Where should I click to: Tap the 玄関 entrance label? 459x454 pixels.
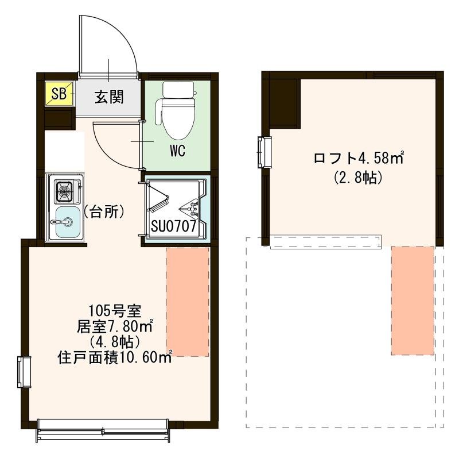108,96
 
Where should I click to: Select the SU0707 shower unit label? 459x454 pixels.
174,226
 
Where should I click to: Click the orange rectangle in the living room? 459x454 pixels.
188,302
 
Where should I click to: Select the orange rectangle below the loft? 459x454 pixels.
413,301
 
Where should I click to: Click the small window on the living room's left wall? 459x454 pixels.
24,372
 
